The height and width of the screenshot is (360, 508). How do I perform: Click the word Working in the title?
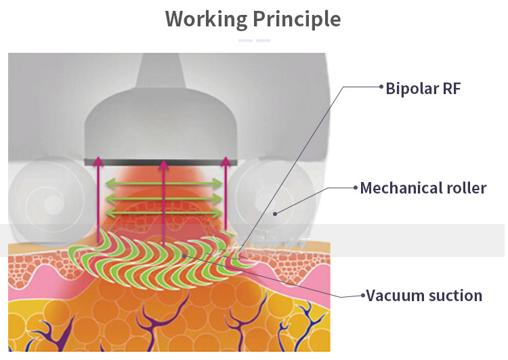[206, 18]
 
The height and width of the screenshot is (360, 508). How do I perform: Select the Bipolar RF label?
[423, 88]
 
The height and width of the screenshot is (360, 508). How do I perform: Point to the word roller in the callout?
[468, 187]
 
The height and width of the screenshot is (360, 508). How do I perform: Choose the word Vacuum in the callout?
[393, 296]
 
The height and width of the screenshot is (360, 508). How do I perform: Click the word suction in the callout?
[454, 296]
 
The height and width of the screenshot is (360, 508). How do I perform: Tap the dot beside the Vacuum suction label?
[362, 295]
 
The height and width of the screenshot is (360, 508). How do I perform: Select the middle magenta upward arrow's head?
[163, 163]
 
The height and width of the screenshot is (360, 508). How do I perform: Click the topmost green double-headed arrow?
[162, 183]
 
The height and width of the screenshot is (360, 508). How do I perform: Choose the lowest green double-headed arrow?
[162, 214]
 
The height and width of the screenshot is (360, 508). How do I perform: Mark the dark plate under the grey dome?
[162, 162]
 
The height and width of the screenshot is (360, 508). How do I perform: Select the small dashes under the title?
[254, 41]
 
